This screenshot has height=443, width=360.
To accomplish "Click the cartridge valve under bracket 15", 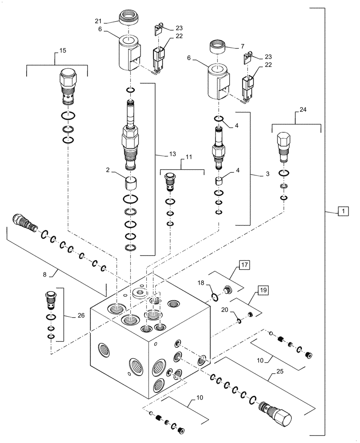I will (x=67, y=85).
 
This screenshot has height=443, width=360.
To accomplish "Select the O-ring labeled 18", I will (x=213, y=296).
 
